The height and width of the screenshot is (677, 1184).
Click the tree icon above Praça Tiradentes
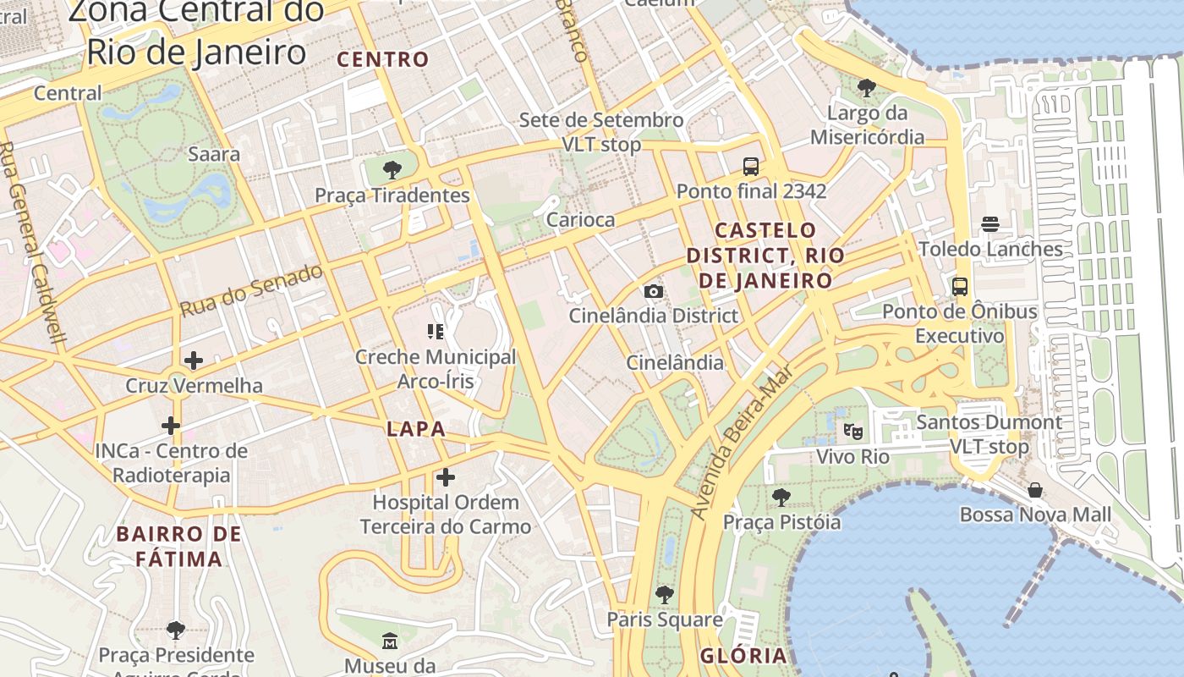click(x=392, y=170)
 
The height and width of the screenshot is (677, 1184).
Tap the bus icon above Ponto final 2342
click(x=751, y=166)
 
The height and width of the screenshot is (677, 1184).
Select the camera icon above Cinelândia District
click(x=653, y=291)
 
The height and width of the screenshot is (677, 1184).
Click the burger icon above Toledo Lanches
click(x=990, y=224)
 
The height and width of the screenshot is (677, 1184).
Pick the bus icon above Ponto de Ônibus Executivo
click(x=960, y=286)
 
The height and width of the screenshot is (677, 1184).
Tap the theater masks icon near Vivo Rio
click(x=853, y=432)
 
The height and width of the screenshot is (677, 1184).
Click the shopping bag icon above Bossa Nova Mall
click(x=1035, y=490)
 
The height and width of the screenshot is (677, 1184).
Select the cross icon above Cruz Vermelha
click(x=194, y=361)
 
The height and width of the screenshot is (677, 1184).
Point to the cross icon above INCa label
click(x=171, y=425)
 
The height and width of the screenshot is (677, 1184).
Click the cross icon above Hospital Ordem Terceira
click(x=446, y=477)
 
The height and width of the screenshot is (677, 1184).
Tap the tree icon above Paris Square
click(x=665, y=594)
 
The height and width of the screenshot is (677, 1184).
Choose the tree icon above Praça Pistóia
click(x=781, y=497)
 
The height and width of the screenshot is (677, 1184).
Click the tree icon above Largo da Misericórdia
click(x=867, y=87)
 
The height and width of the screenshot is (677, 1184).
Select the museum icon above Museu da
click(x=389, y=641)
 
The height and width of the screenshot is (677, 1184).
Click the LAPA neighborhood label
click(x=415, y=429)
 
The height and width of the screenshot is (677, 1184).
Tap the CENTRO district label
click(x=383, y=59)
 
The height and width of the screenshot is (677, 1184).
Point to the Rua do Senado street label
click(x=251, y=290)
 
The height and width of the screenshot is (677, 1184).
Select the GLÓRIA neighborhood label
click(x=743, y=656)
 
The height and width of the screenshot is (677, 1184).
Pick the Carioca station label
click(x=580, y=220)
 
